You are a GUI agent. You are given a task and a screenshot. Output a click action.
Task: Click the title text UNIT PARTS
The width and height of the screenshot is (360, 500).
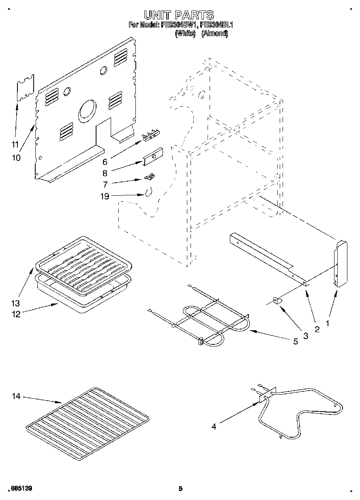[179, 15]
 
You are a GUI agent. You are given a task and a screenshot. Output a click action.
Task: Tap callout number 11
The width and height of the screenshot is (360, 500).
[15, 144]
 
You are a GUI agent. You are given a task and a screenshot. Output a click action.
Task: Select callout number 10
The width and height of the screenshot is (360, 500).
[16, 158]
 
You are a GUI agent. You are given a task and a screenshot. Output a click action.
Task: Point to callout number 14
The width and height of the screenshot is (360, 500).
[16, 396]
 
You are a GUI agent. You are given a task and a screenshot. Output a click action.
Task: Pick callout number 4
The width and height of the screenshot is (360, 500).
[214, 426]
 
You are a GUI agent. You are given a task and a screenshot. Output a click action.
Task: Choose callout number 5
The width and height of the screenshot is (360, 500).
[295, 341]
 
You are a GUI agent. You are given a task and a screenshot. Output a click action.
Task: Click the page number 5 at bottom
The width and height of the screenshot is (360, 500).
[180, 489]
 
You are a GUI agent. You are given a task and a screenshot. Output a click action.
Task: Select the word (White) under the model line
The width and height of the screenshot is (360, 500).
[185, 34]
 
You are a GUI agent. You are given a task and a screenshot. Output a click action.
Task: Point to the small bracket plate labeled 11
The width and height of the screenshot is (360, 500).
[25, 88]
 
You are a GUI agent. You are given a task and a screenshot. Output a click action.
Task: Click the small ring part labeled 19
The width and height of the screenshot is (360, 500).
[148, 192]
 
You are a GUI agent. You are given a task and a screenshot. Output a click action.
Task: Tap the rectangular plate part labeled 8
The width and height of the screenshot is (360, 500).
[152, 156]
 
